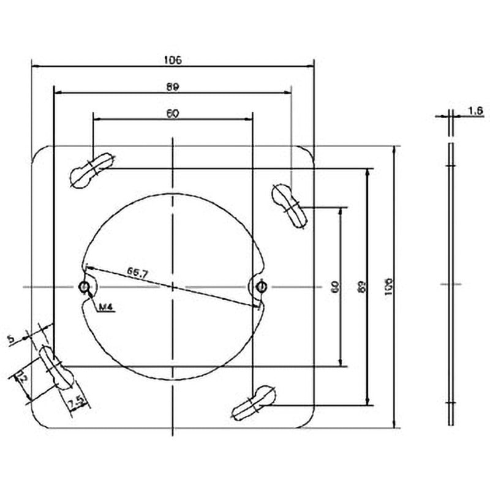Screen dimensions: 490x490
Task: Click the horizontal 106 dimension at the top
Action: point(173,59)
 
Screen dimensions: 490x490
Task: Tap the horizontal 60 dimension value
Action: point(172,113)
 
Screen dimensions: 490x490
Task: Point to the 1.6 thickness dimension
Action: point(475,110)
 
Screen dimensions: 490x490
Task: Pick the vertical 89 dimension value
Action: point(361,286)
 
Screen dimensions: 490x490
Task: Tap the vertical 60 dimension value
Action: point(334,286)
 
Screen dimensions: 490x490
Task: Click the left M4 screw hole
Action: point(84,287)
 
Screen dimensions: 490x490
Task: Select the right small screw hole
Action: point(262,287)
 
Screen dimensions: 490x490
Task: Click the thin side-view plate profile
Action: point(451,285)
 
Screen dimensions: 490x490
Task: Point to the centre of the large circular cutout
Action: point(174,287)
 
